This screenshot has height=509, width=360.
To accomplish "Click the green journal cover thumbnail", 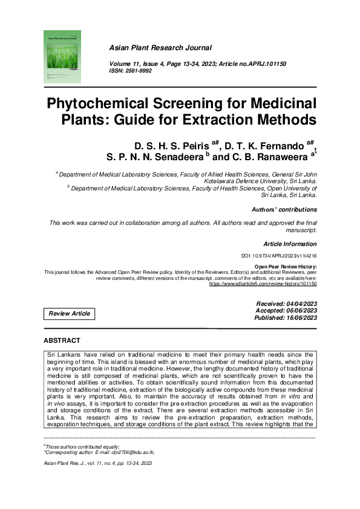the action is pyautogui.click(x=62, y=56).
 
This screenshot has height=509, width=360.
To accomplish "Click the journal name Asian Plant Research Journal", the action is pyautogui.click(x=160, y=47).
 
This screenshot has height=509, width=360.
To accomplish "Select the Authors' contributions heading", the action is pyautogui.click(x=284, y=209).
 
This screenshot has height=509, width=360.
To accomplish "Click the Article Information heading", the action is pyautogui.click(x=290, y=244).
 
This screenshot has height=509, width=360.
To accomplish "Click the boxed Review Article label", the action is pyautogui.click(x=70, y=313).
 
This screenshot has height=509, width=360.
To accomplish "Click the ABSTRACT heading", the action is pyautogui.click(x=62, y=341).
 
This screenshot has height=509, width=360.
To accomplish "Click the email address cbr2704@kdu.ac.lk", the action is pyautogui.click(x=129, y=452).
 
